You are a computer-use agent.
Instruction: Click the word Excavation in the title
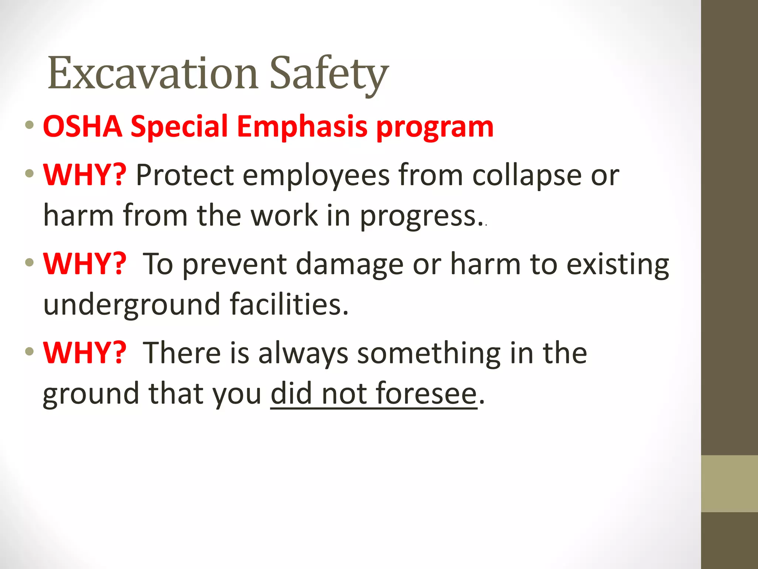tap(152, 73)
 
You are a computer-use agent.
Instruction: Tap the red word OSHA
tap(83, 127)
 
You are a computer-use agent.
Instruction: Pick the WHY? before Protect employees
tap(85, 175)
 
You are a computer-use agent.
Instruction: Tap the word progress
tap(417, 216)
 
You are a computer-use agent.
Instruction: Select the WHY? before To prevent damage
tap(85, 264)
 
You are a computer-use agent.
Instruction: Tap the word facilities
tap(289, 304)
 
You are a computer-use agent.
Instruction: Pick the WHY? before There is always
tap(85, 353)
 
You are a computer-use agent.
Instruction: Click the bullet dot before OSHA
tap(30, 124)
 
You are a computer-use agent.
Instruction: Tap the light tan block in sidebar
tap(729, 483)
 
